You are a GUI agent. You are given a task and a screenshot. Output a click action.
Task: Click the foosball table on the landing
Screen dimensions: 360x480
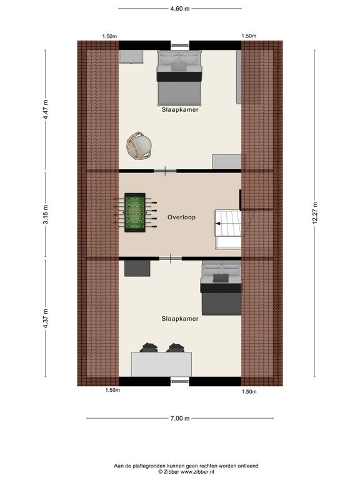tap(135, 212)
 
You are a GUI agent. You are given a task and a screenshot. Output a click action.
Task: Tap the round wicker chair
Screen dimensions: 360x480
tap(139, 146)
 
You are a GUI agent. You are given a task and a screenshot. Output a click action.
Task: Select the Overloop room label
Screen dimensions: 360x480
tap(181, 217)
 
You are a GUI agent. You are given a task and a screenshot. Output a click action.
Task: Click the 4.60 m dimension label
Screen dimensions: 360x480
tap(180, 9)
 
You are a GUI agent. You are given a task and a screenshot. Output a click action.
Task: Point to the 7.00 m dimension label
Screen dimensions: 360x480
tap(180, 418)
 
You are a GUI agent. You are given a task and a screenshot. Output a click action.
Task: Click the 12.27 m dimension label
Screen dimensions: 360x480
tap(315, 213)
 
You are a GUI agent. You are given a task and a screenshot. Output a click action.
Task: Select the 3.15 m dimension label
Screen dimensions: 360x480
tap(45, 214)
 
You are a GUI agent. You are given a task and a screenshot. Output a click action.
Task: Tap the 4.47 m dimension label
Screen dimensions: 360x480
tap(45, 109)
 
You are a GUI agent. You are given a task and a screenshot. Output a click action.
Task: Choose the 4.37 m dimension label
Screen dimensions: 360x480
tap(45, 319)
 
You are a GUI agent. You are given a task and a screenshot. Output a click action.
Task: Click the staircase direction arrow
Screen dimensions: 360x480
tap(218, 224)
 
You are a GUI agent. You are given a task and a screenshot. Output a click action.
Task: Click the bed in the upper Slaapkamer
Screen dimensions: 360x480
tap(179, 78)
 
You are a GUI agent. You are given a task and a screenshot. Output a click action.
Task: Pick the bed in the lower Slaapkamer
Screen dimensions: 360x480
tap(221, 287)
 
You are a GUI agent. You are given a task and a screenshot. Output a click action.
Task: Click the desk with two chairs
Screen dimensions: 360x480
tap(161, 361)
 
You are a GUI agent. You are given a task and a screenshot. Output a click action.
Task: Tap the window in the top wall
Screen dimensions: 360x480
tap(180, 45)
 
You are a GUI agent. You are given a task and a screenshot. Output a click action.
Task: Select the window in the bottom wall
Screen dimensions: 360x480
tap(180, 381)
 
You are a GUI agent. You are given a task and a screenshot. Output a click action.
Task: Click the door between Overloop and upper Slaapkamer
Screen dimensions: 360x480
tap(165, 171)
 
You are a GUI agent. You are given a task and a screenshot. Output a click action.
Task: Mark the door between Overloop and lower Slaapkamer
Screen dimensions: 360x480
tap(170, 259)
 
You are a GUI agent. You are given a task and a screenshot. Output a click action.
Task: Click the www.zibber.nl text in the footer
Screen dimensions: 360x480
tap(197, 472)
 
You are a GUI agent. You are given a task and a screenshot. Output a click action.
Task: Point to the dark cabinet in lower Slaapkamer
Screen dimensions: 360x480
tap(137, 268)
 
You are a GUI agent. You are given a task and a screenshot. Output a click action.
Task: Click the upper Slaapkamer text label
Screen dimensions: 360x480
tap(180, 109)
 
